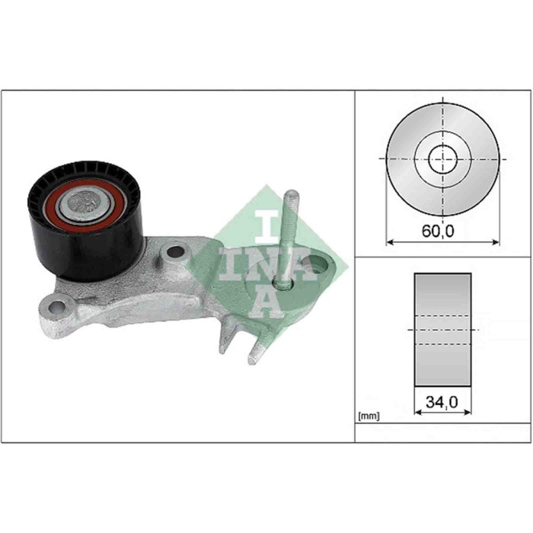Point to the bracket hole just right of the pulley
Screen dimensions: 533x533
(x=176, y=251)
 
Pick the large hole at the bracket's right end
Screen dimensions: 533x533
(x=314, y=267)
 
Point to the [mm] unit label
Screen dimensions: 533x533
(x=368, y=417)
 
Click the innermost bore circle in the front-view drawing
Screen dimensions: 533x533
(x=442, y=160)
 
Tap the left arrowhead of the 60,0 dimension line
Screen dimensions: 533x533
(x=391, y=241)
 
